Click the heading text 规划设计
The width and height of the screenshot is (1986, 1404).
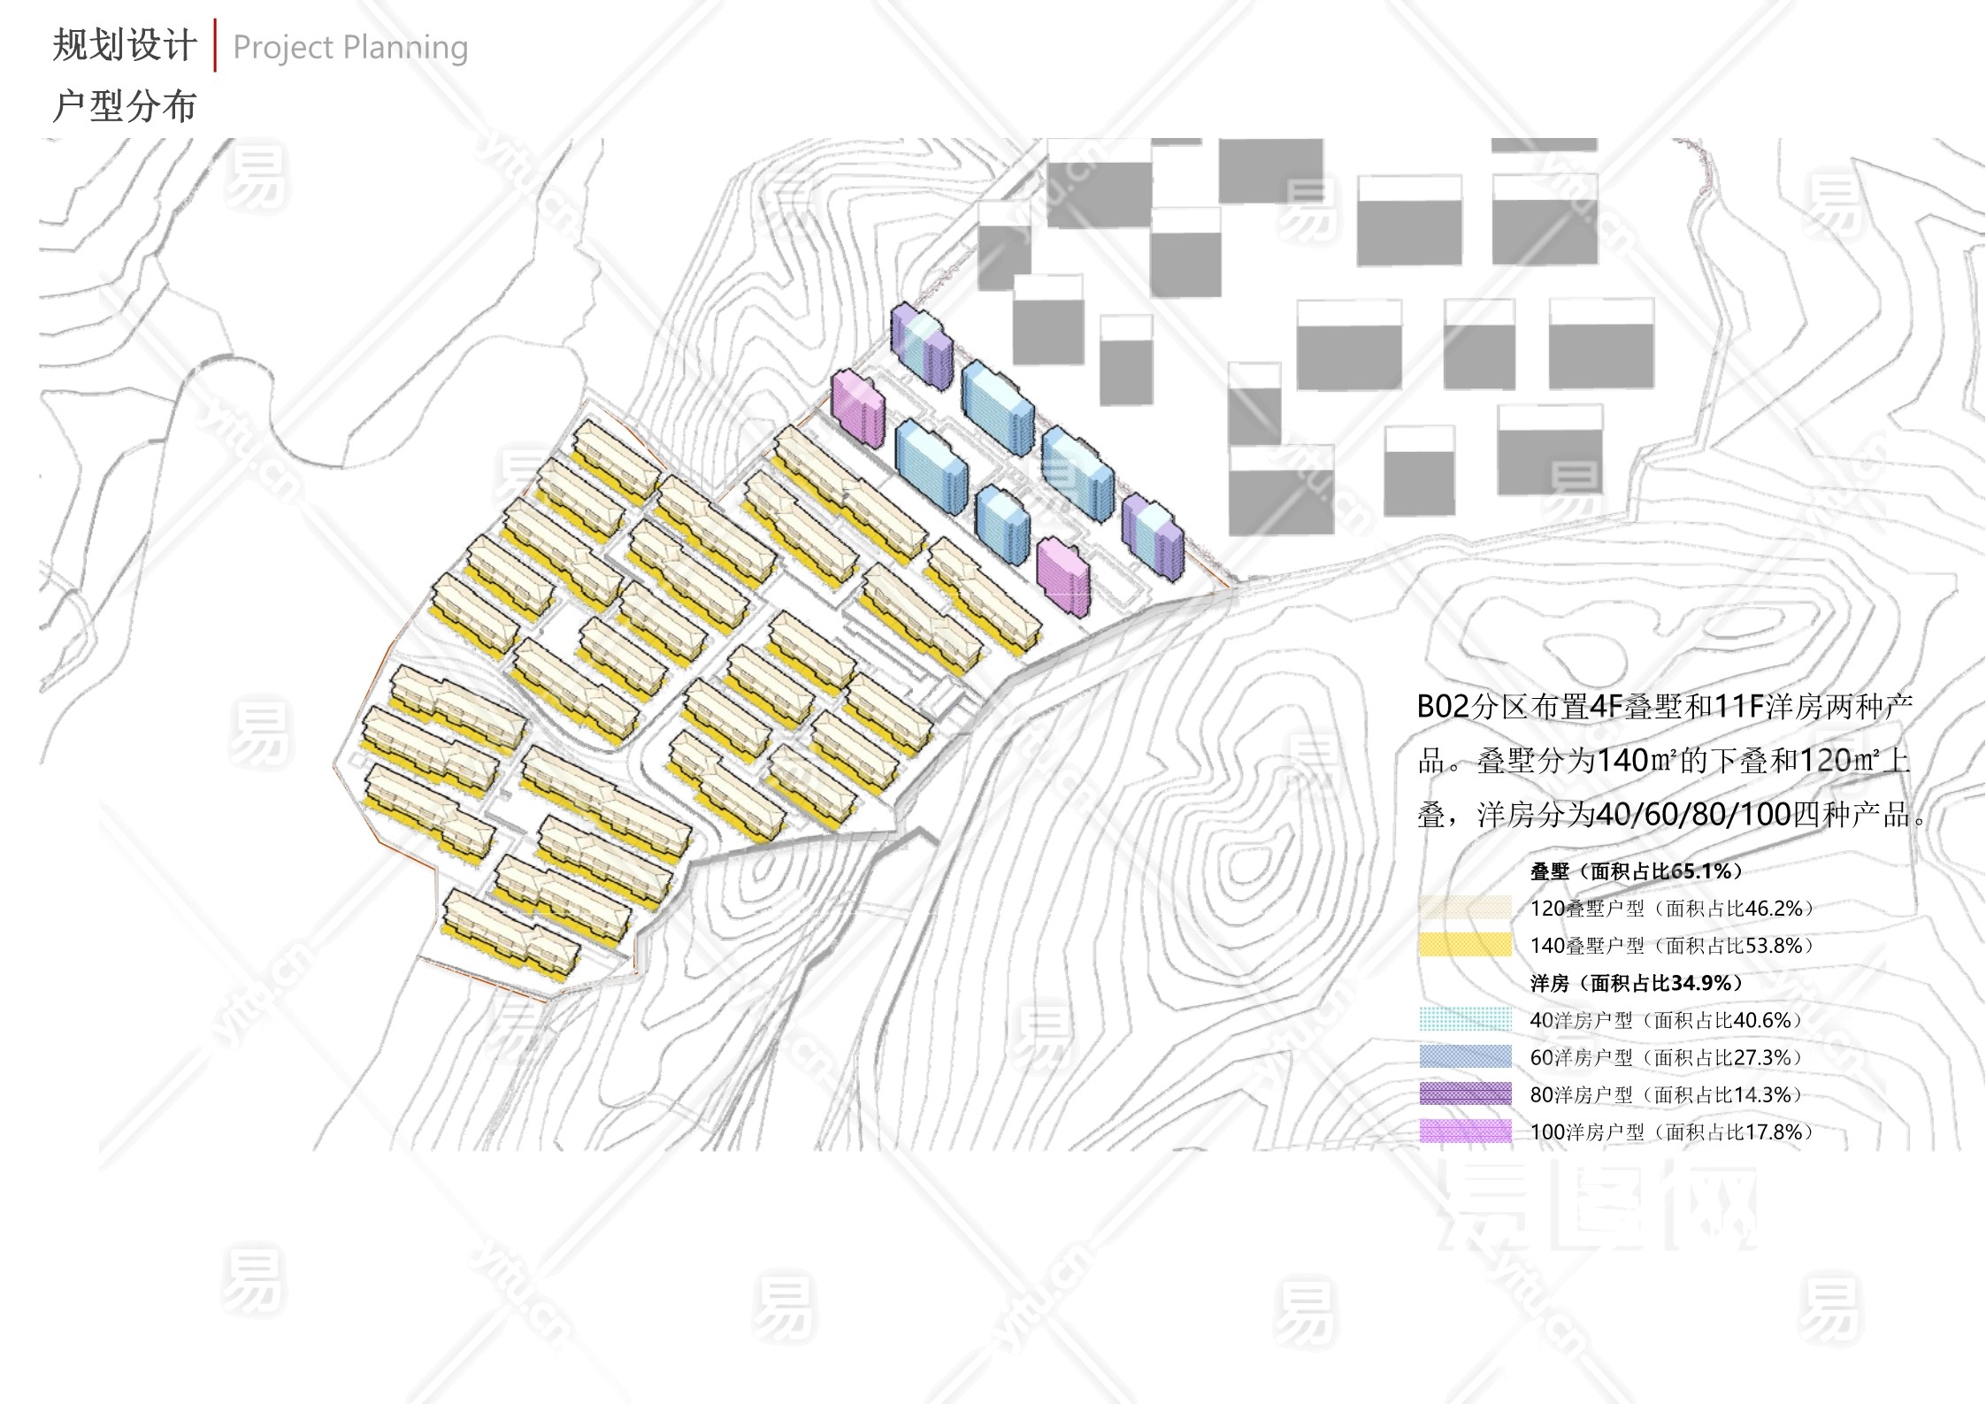pyautogui.click(x=124, y=46)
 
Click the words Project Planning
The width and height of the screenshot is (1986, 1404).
pyautogui.click(x=350, y=48)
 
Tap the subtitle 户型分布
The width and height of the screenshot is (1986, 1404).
pyautogui.click(x=124, y=107)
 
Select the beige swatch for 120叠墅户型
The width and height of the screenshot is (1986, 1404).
pyautogui.click(x=1465, y=908)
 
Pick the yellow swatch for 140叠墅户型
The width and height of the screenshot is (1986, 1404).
pyautogui.click(x=1465, y=945)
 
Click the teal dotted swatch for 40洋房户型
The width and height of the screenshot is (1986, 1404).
pyautogui.click(x=1465, y=1019)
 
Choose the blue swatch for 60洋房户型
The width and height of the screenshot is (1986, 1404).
pyautogui.click(x=1465, y=1056)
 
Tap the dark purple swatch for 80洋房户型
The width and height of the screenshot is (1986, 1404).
pyautogui.click(x=1465, y=1093)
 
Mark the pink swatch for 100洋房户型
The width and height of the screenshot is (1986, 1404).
pyautogui.click(x=1465, y=1131)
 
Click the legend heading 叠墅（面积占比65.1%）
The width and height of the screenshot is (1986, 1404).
pyautogui.click(x=1637, y=871)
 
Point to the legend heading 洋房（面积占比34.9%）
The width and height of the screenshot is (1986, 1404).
pyautogui.click(x=1637, y=983)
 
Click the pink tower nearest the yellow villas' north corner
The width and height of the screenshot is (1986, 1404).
pyautogui.click(x=857, y=409)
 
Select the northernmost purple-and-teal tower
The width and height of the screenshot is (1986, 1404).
pyautogui.click(x=922, y=345)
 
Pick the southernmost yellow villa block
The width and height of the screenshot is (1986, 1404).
pyautogui.click(x=510, y=935)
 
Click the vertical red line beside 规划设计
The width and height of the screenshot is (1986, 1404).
pyautogui.click(x=215, y=44)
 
